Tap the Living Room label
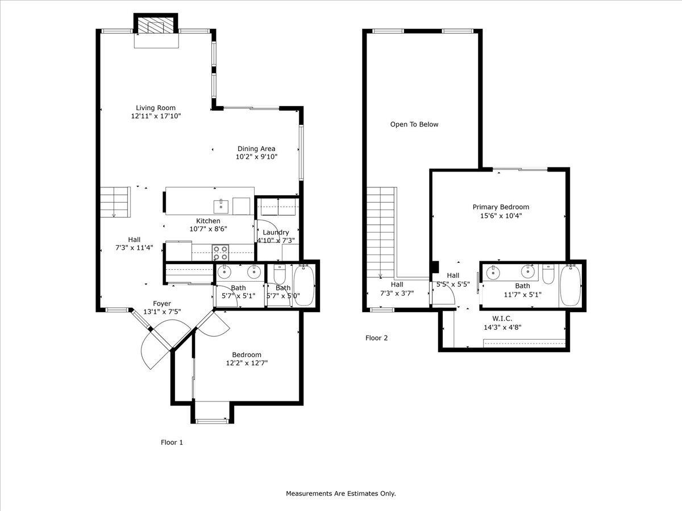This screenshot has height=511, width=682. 156,108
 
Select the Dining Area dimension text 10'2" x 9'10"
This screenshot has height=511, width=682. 257,157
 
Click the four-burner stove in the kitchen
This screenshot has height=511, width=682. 221,252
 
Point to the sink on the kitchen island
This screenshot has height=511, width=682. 221,204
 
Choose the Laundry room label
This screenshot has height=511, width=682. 276,232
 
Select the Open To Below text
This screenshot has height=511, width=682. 414,124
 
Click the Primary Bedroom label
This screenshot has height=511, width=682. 501,207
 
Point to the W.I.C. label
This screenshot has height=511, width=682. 502,319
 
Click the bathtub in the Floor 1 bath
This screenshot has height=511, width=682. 304,285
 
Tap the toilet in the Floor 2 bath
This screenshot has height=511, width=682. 548,275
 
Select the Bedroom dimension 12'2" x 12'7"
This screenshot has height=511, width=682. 247,363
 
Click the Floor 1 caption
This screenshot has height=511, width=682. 172,442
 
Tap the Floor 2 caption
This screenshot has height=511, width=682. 376,338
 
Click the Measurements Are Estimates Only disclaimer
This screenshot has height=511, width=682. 340,493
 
